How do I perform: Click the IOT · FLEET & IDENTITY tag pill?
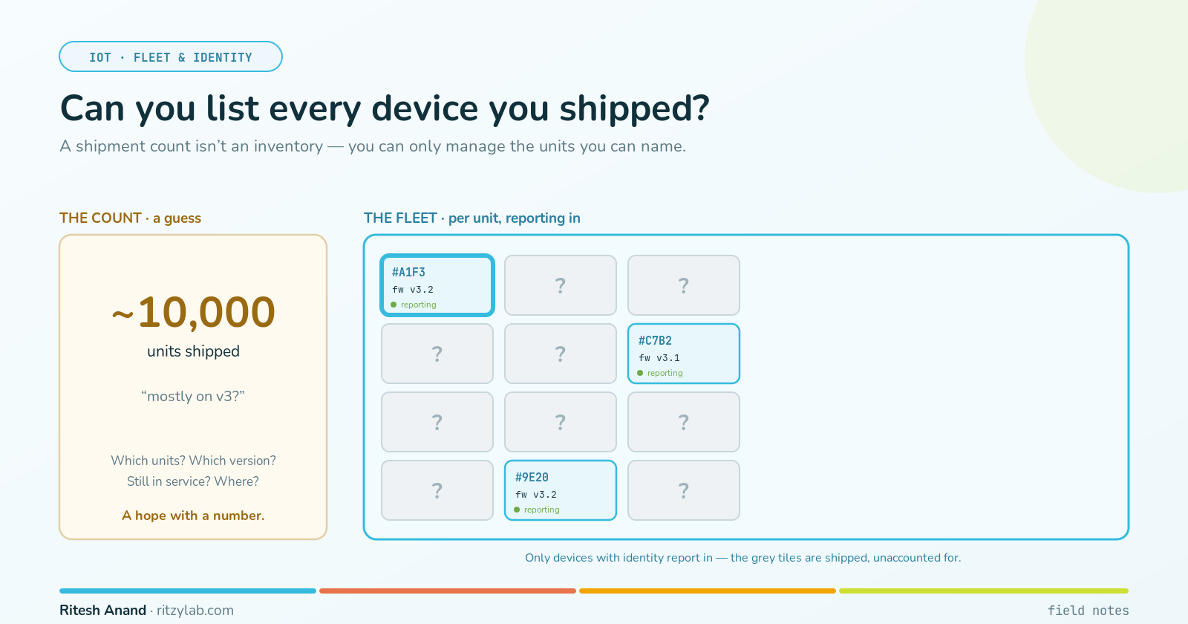(x=170, y=56)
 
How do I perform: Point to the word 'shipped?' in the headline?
(x=634, y=109)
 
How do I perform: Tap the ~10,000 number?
(x=193, y=312)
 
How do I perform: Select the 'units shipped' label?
(x=193, y=351)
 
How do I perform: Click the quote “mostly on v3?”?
(x=193, y=397)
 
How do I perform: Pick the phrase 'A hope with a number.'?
(x=193, y=516)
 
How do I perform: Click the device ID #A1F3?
(x=408, y=272)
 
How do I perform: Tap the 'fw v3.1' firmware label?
(x=659, y=357)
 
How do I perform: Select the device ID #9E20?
(x=532, y=477)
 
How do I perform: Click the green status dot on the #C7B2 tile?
(x=640, y=373)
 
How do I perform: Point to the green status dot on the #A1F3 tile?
(x=394, y=305)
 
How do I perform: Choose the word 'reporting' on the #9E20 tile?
(x=541, y=510)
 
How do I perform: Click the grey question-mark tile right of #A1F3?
(x=561, y=285)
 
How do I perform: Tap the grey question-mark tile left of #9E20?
(x=437, y=490)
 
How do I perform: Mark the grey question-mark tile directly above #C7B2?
(x=684, y=285)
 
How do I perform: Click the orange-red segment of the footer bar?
(x=448, y=591)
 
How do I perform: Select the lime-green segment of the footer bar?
(x=984, y=591)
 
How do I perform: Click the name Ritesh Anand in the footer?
(x=103, y=610)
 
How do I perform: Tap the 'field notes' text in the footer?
(x=1089, y=611)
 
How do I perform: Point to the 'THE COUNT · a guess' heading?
(x=130, y=218)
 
